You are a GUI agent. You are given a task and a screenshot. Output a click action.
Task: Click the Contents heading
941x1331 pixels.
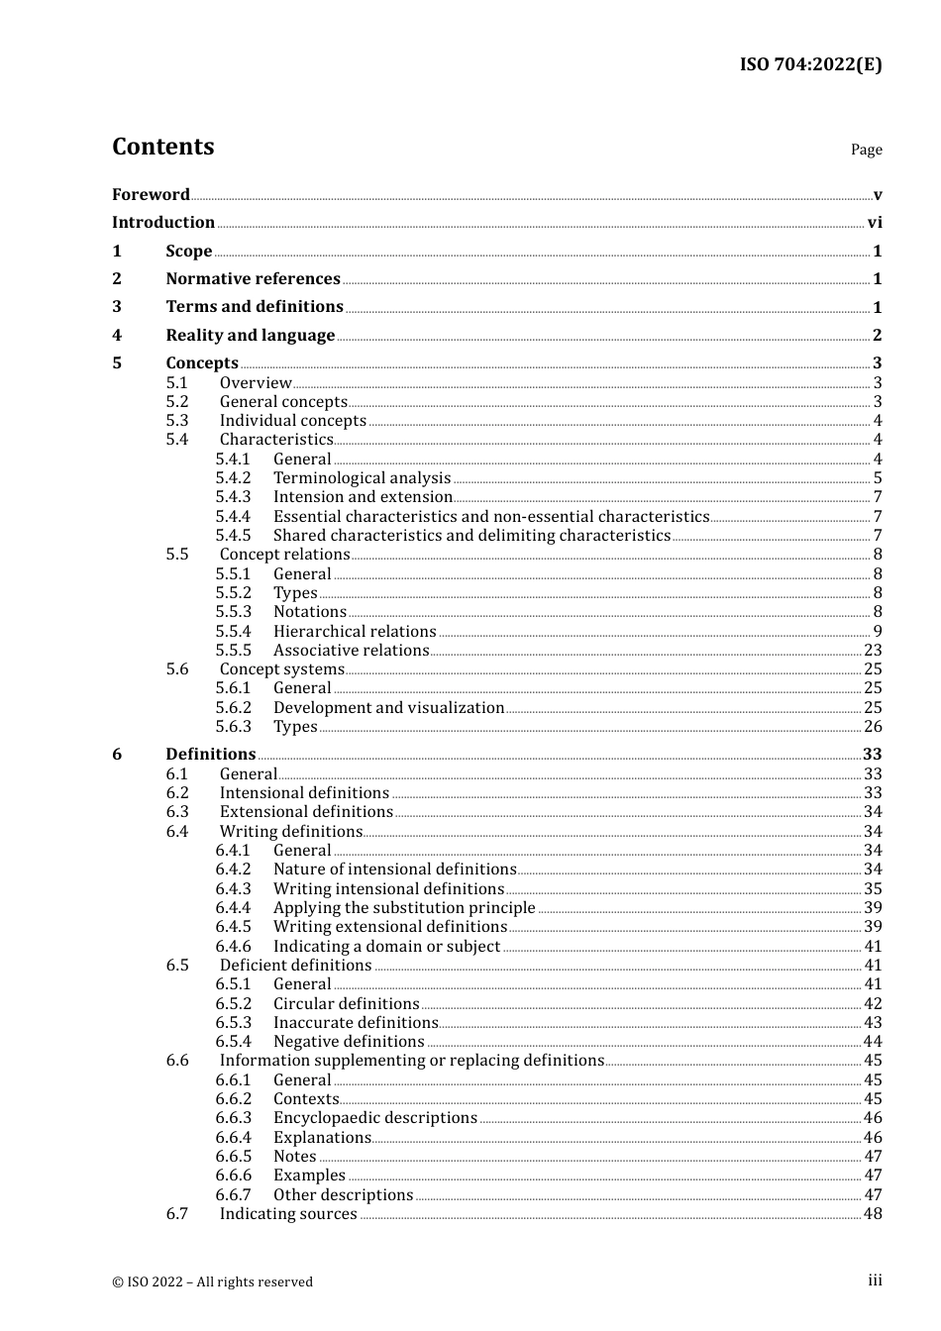click(x=162, y=147)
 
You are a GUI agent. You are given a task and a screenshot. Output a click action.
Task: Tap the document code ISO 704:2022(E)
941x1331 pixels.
click(x=810, y=64)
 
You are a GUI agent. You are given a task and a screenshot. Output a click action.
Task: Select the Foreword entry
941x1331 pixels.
click(x=151, y=194)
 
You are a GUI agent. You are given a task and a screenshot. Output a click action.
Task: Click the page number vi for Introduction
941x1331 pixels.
click(x=875, y=223)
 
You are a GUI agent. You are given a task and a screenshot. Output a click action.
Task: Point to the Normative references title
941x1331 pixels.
click(x=253, y=279)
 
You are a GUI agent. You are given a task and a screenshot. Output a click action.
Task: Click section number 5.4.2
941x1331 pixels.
click(x=233, y=478)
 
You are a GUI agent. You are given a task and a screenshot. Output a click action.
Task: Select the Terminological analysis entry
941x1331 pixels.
click(x=362, y=478)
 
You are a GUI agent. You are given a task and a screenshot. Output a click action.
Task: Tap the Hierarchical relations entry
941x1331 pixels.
click(x=355, y=632)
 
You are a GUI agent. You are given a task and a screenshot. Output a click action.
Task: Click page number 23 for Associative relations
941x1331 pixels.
click(x=873, y=651)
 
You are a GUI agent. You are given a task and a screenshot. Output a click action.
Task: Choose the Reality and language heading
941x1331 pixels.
click(x=250, y=336)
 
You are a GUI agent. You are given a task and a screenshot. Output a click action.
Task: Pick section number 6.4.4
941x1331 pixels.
click(x=233, y=908)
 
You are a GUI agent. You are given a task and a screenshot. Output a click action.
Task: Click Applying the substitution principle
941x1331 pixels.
click(x=404, y=908)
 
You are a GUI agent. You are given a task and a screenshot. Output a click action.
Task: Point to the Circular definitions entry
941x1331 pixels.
click(x=346, y=1004)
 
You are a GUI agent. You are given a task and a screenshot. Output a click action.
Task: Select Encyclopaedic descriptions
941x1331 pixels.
click(x=374, y=1118)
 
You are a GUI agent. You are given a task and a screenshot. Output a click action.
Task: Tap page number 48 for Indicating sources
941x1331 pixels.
click(x=873, y=1214)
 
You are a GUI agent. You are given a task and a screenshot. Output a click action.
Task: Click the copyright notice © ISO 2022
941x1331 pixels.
click(x=212, y=1281)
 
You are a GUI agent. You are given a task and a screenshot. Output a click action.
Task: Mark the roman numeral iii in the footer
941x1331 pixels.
click(x=875, y=1280)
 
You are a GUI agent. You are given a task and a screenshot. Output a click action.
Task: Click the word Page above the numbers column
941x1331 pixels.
click(x=866, y=150)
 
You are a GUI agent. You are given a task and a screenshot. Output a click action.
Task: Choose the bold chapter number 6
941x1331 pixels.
click(x=117, y=755)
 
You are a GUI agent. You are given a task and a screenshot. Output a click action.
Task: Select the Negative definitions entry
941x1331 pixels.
click(x=349, y=1042)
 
